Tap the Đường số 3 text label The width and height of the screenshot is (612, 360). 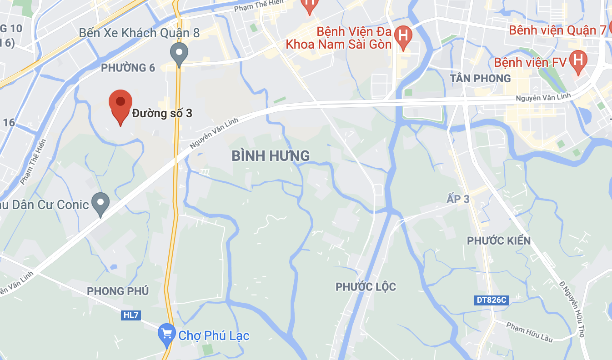[x=162, y=113]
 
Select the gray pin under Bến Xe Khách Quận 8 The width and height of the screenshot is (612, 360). [x=179, y=53]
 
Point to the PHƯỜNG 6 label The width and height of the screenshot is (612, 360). [x=128, y=68]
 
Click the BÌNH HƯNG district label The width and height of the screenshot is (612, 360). [x=271, y=156]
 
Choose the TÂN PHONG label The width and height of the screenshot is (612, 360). [x=480, y=79]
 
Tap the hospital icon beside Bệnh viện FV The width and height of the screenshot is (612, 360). [x=578, y=60]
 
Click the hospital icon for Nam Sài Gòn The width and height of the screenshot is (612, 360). [x=403, y=35]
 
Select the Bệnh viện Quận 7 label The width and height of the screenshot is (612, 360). [x=557, y=30]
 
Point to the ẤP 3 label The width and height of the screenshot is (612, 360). [x=458, y=199]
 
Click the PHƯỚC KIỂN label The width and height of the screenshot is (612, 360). [x=499, y=240]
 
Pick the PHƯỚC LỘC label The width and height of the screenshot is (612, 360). [x=366, y=287]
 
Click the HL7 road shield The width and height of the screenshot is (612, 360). [x=130, y=315]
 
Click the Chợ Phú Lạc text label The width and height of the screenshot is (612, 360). [x=214, y=336]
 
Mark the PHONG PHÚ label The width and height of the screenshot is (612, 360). [x=118, y=291]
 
